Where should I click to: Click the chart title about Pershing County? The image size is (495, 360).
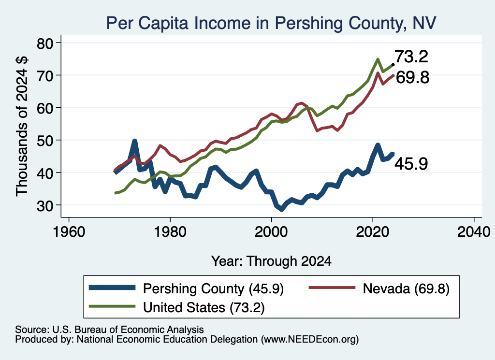[x=271, y=23]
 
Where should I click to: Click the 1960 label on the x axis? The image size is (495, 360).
[x=69, y=232]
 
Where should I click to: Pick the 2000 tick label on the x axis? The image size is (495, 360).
[x=271, y=232]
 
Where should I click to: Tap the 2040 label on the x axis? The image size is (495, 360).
[x=474, y=232]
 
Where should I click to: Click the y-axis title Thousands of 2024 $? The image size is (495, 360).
[x=22, y=127]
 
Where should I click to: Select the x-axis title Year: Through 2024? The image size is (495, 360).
[x=271, y=261]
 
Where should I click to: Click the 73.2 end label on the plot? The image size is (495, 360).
[x=411, y=57]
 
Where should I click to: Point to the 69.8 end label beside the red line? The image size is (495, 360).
[x=412, y=77]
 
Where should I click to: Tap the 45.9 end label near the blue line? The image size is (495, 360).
[x=411, y=164]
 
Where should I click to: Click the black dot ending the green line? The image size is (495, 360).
[x=393, y=64]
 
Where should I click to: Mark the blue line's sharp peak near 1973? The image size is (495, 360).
[x=135, y=141]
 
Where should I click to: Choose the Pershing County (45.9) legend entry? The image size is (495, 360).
[x=186, y=288]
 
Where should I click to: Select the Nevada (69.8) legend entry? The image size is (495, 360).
[x=379, y=288]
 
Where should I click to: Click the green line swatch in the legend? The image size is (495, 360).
[x=112, y=306]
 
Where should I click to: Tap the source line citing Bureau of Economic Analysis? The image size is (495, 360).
[x=109, y=330]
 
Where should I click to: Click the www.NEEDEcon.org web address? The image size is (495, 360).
[x=310, y=340]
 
